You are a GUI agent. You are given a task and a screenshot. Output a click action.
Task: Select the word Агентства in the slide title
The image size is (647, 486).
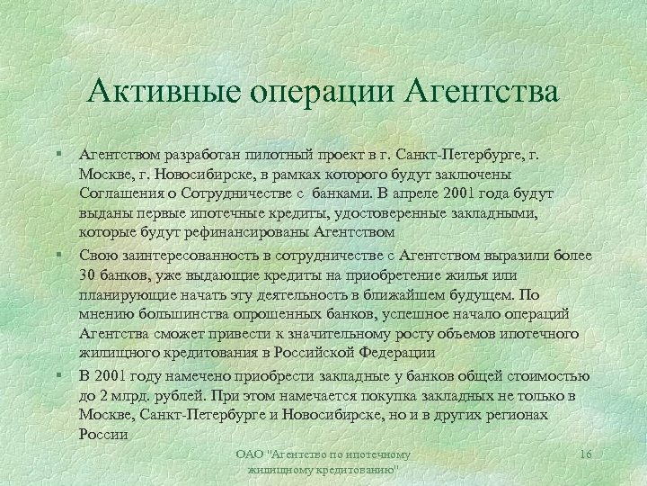click(x=483, y=93)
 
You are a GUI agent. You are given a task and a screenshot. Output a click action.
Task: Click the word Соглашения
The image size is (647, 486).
click(x=120, y=193)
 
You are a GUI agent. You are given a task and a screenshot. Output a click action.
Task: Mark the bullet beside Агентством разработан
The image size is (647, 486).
click(x=58, y=156)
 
